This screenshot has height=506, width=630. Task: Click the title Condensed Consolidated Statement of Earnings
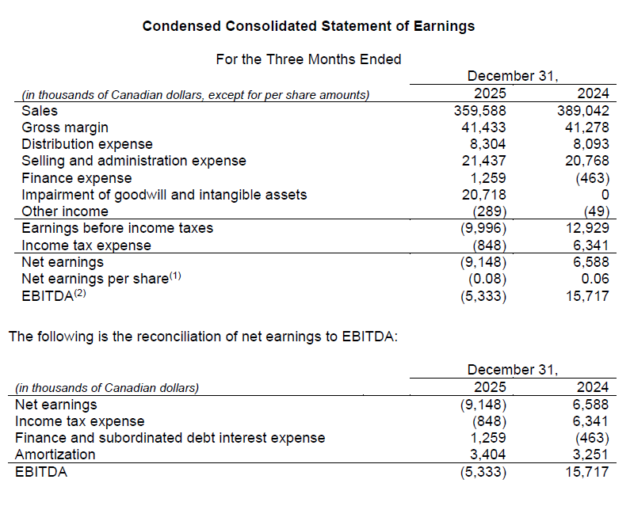click(308, 26)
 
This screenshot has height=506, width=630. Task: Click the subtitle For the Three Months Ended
click(308, 59)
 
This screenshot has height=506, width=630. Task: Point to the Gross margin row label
click(65, 127)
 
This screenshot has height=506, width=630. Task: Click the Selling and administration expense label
click(134, 161)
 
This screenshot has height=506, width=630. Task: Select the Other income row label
click(65, 211)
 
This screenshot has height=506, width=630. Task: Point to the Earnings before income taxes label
click(117, 228)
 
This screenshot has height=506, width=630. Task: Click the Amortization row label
click(55, 455)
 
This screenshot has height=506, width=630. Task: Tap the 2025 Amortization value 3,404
click(487, 455)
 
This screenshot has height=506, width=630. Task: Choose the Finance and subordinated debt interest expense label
click(170, 438)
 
